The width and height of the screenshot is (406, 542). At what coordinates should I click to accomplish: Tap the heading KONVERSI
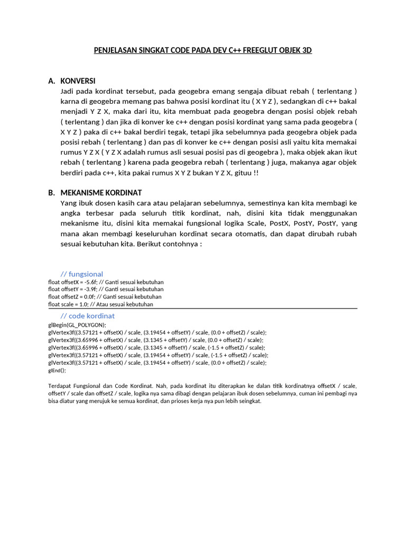[x=78, y=81]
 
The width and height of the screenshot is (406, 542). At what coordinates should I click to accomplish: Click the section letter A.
[x=51, y=81]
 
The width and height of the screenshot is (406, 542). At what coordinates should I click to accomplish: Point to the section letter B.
[x=51, y=193]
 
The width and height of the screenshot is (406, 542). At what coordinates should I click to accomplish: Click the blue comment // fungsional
[x=82, y=274]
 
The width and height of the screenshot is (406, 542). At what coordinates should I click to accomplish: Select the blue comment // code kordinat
[x=88, y=316]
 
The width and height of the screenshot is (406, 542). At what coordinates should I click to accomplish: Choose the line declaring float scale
[x=100, y=304]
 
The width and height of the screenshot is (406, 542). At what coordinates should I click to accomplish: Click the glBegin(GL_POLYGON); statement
[x=77, y=325]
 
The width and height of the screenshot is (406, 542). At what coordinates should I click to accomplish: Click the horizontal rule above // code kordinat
[x=202, y=309]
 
